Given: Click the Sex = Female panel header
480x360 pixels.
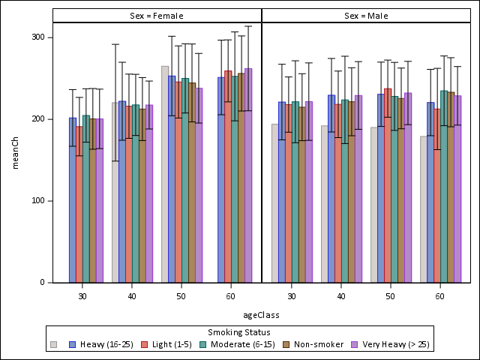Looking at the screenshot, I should click(x=157, y=16).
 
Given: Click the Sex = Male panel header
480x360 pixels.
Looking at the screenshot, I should click(x=366, y=16).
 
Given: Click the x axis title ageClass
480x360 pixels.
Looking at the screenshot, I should click(x=261, y=315).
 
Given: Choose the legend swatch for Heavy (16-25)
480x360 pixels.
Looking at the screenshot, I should click(x=73, y=345).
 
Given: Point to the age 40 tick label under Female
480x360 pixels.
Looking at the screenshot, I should click(x=132, y=297).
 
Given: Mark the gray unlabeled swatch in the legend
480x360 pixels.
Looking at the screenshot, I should click(x=53, y=345).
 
